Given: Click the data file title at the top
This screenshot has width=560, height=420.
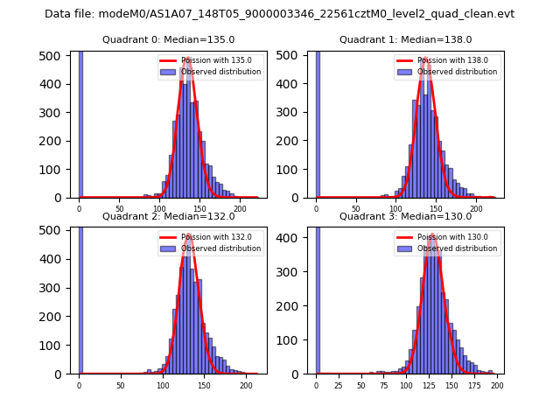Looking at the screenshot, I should tap(279, 14).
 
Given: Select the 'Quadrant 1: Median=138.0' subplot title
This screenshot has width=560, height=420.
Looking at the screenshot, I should tap(405, 39).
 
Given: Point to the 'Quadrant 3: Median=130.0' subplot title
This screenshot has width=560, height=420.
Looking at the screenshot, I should tap(405, 216).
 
